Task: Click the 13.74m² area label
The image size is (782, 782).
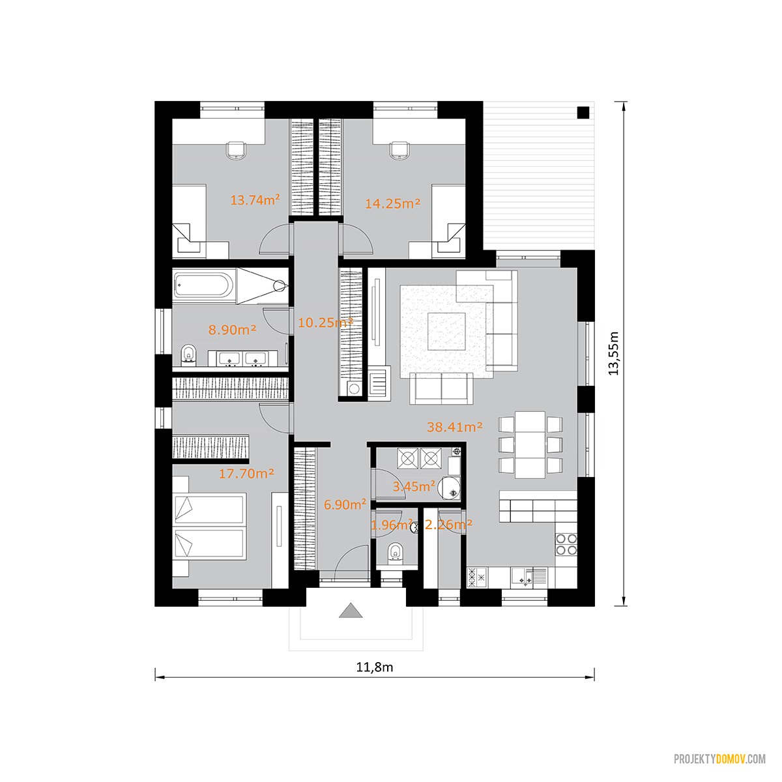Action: tap(255, 200)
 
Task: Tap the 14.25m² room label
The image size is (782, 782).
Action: tap(392, 203)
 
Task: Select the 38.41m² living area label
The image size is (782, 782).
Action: tap(454, 427)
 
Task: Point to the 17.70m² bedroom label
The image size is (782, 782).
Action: tap(246, 474)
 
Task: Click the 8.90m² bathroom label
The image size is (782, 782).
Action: tap(232, 330)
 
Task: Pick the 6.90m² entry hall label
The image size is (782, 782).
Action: tap(345, 504)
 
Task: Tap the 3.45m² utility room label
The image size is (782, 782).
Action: tap(414, 486)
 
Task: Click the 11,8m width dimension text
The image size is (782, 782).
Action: tap(375, 667)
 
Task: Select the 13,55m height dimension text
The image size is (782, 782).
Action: tap(613, 353)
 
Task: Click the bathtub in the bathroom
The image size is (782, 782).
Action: tap(204, 285)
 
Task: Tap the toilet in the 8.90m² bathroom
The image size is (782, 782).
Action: tap(188, 355)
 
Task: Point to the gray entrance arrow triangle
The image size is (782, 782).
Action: tap(351, 611)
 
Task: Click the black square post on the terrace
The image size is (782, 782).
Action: tap(583, 112)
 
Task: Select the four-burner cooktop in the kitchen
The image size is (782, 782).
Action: tap(566, 544)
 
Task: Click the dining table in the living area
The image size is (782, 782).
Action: tap(530, 445)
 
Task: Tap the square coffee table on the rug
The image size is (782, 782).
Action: tap(446, 331)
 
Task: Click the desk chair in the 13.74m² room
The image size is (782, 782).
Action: tap(236, 150)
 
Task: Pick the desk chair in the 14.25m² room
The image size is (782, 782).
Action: tap(399, 150)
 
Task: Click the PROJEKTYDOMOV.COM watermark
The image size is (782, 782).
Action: tap(719, 759)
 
